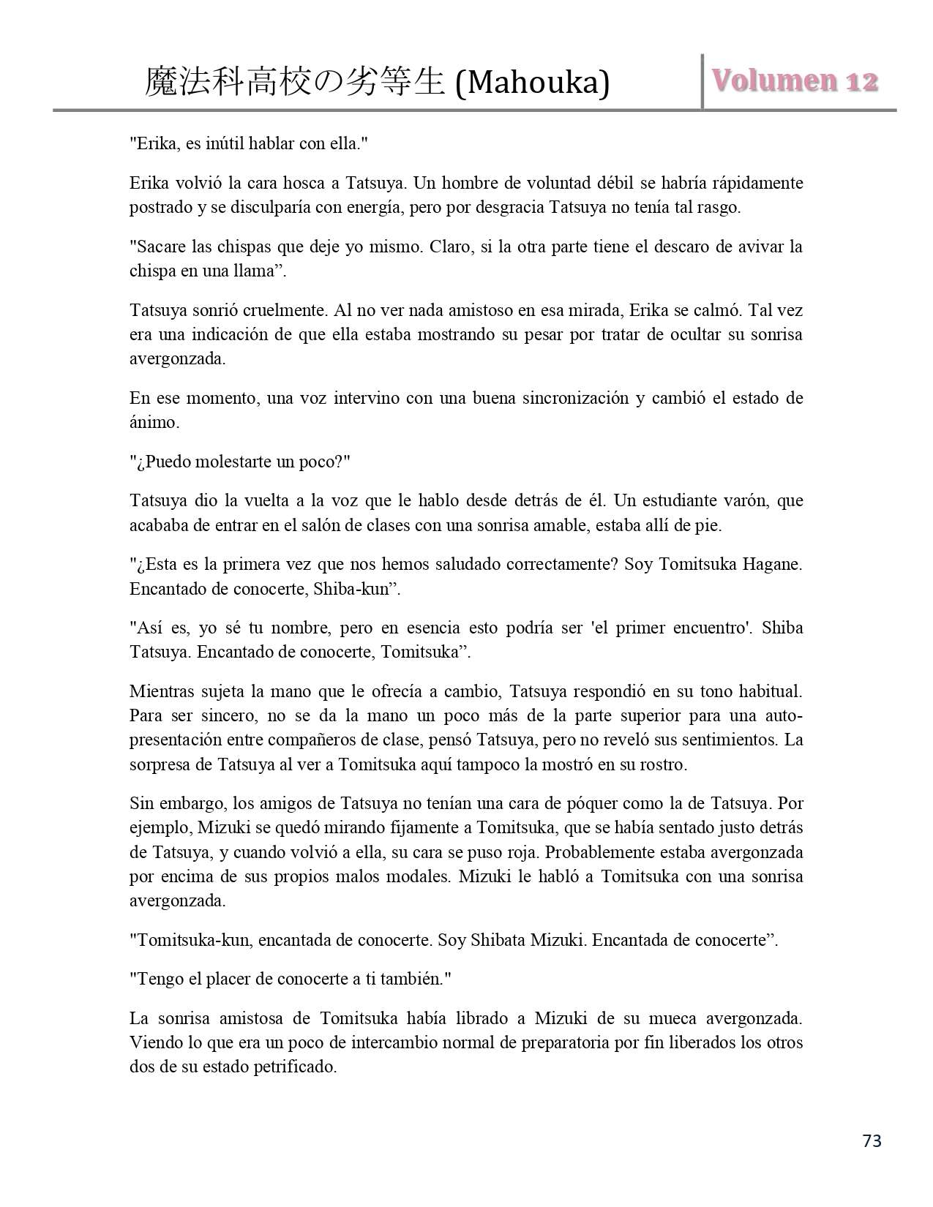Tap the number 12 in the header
click(x=861, y=80)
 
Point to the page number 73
click(x=872, y=1140)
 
